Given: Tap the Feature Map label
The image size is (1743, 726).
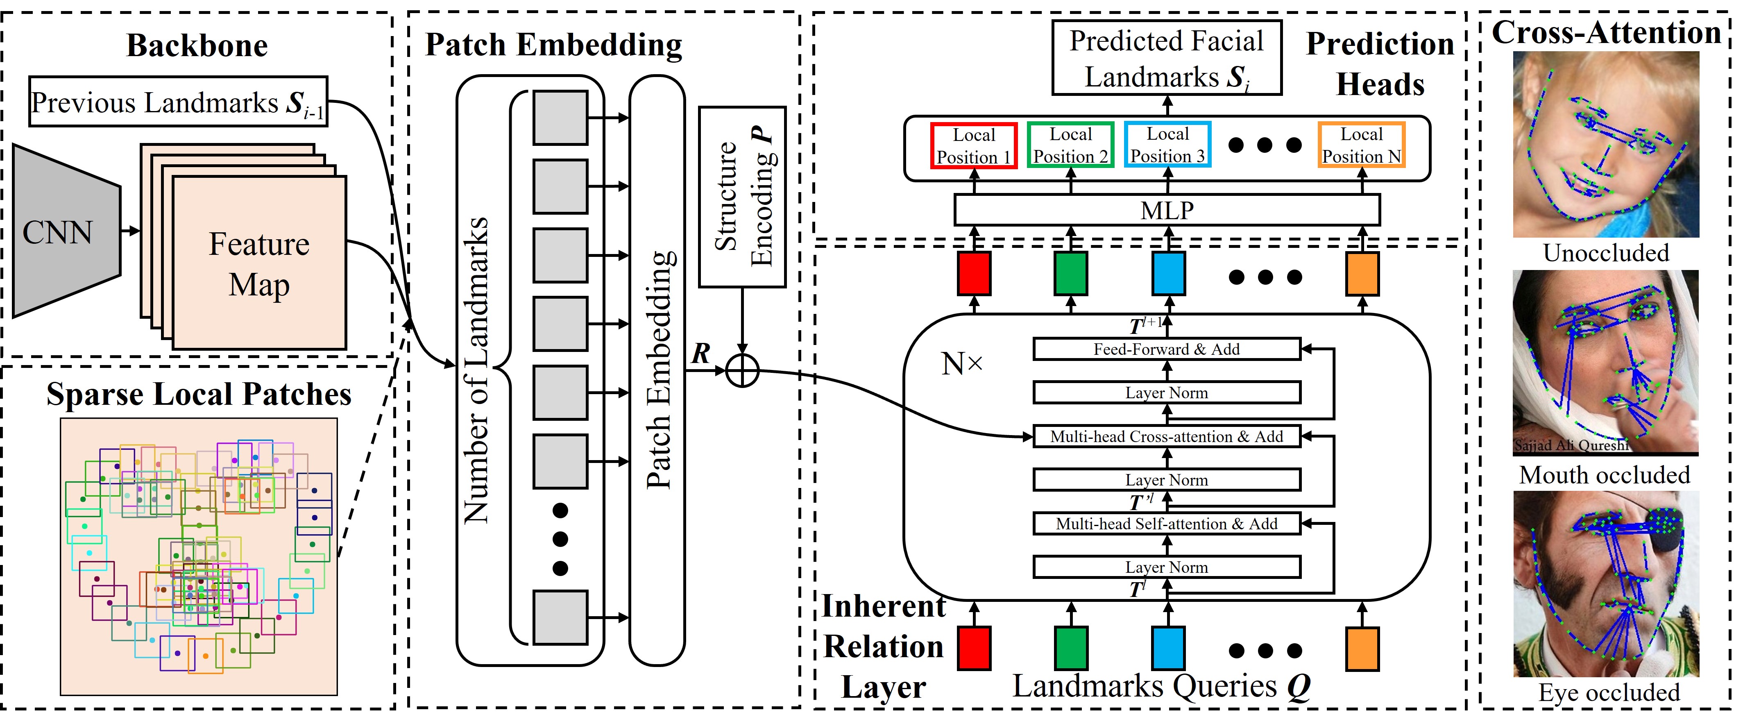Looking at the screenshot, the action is click(259, 264).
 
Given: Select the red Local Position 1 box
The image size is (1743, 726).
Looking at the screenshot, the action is click(974, 145).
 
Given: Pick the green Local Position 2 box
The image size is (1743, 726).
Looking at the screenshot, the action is click(1070, 145).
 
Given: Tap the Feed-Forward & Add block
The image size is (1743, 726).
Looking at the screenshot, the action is click(1167, 349).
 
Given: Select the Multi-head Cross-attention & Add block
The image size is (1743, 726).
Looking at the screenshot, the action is click(1167, 436).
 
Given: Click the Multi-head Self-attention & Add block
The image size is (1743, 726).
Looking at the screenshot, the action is click(1167, 524).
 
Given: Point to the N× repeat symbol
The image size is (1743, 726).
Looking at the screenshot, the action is click(961, 364).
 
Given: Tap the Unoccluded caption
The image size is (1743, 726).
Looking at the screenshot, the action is click(1606, 253).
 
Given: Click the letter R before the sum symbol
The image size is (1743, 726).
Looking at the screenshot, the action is click(701, 353).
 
